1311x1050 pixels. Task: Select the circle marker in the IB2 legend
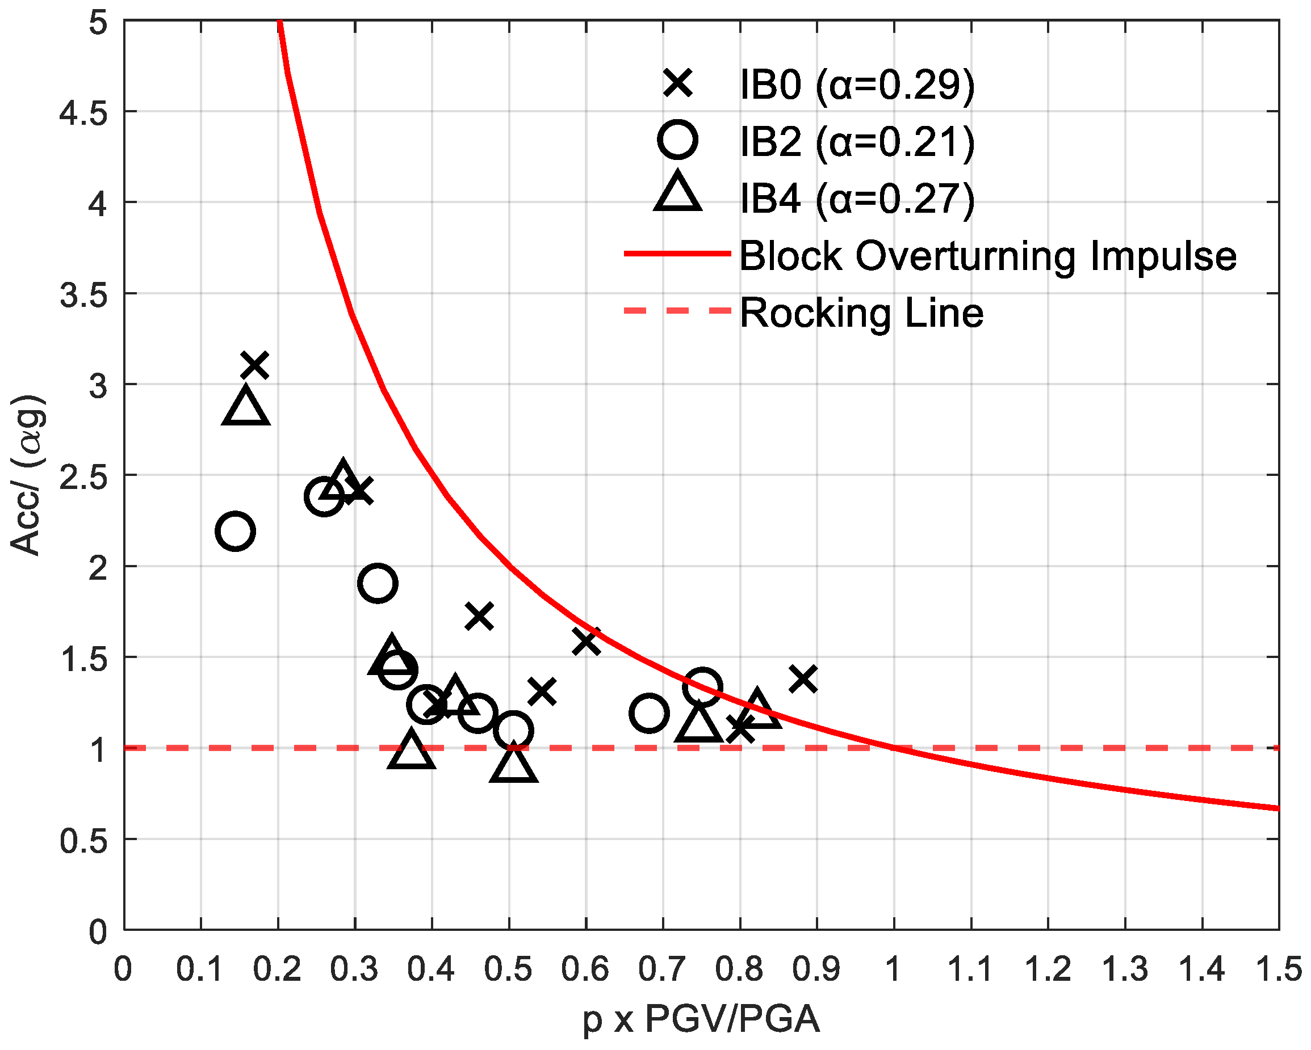tap(677, 140)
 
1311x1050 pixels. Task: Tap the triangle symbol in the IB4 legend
tap(677, 193)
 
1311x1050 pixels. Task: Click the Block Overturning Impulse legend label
tap(987, 256)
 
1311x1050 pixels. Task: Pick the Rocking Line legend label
tap(861, 313)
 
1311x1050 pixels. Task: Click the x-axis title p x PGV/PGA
tap(701, 1019)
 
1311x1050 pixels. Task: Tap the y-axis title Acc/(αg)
tap(27, 475)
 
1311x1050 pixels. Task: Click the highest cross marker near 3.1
tap(255, 365)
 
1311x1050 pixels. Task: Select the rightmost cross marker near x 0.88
tap(803, 679)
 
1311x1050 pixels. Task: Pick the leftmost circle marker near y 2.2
tap(234, 531)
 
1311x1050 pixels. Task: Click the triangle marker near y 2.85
tap(246, 407)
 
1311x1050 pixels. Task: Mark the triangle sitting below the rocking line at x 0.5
tap(513, 765)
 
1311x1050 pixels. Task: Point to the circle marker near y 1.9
tap(378, 583)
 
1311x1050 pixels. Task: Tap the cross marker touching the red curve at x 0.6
tap(586, 641)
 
